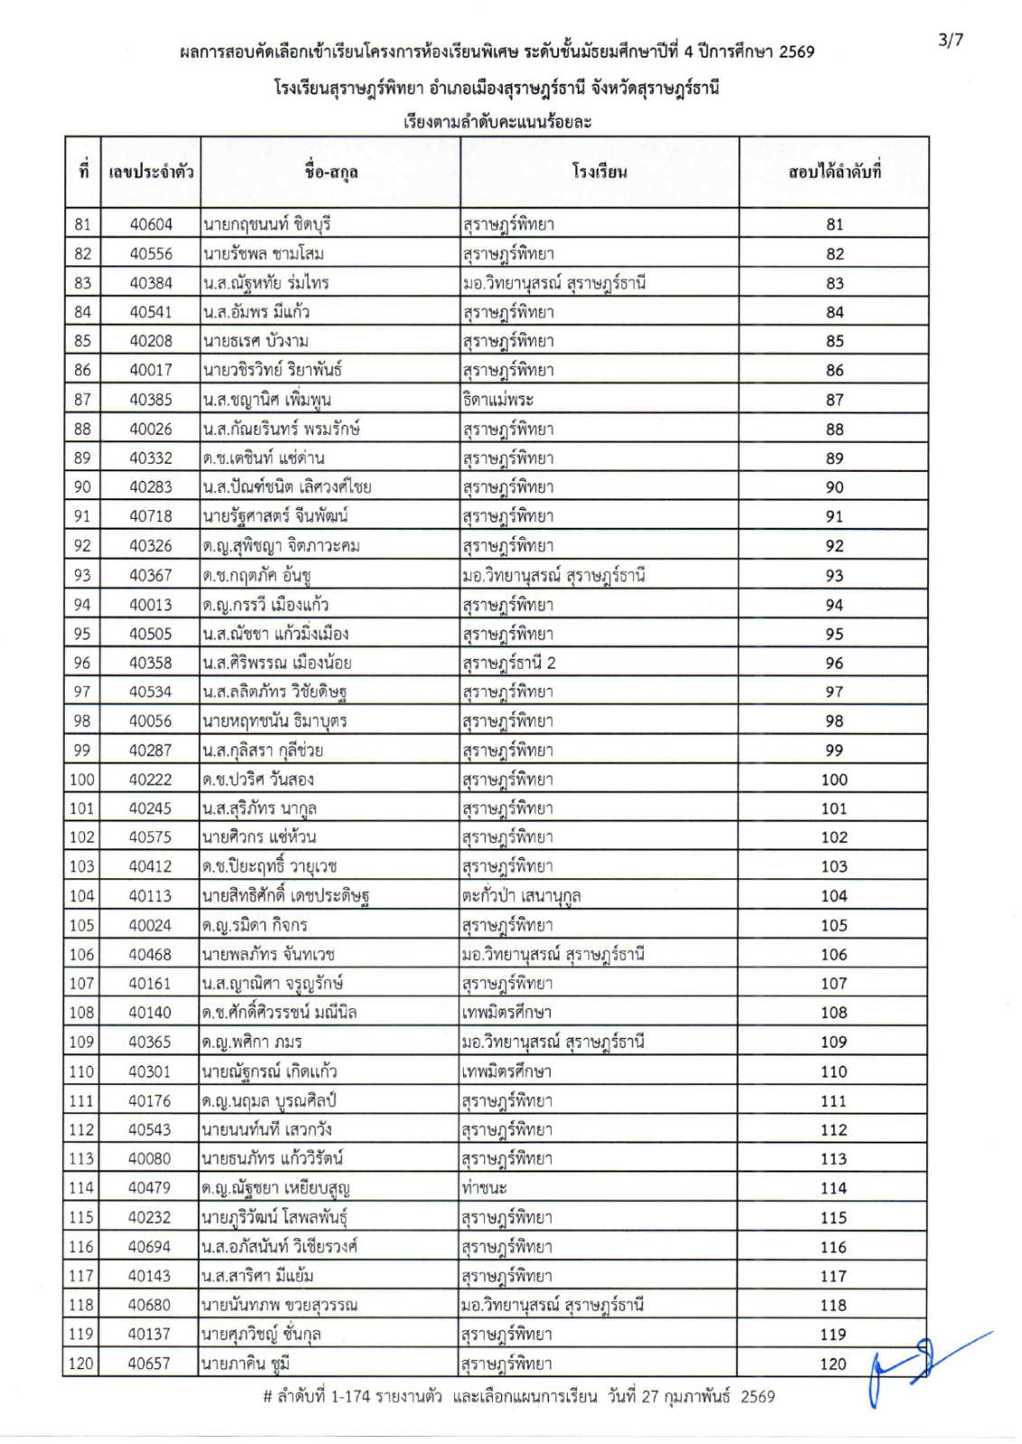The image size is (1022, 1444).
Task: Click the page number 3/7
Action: coord(951,40)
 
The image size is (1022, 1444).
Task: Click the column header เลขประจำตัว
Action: coord(151,171)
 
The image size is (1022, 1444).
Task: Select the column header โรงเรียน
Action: coord(599,171)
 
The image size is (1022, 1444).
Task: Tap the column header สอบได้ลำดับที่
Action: coord(834,171)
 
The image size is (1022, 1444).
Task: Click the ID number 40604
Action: coord(151,224)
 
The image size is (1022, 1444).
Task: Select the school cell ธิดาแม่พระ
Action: coord(497,399)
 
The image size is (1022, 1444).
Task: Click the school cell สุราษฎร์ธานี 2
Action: coord(509,663)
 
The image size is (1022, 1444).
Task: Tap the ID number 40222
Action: coord(151,780)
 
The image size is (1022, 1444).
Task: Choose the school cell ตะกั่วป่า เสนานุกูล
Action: coord(521,896)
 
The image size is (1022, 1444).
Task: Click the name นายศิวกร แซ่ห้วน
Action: coord(260,838)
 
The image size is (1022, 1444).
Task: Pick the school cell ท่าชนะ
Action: coord(484,1189)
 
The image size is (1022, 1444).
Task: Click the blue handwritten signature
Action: coord(921,1364)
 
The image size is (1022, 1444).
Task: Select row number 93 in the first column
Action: coord(83,576)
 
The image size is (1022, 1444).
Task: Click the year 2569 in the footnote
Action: coord(757,1397)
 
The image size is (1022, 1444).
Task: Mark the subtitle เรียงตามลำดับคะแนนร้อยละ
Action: coord(497,122)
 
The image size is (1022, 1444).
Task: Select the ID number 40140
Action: coord(150,1013)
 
